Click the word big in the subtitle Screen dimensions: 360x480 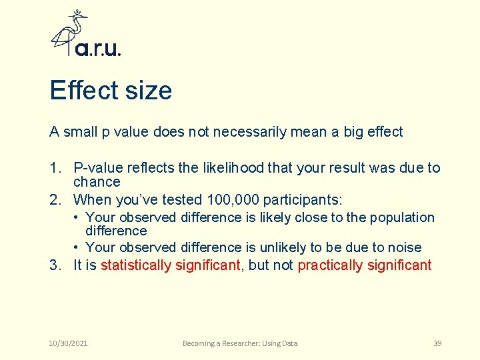(355, 131)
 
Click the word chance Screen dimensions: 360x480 (97, 181)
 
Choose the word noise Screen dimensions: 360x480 (404, 247)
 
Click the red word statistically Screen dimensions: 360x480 (136, 265)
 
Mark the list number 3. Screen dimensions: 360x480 (55, 265)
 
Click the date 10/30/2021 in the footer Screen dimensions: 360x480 (69, 343)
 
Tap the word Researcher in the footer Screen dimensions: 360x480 (242, 343)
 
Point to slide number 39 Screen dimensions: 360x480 (437, 343)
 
